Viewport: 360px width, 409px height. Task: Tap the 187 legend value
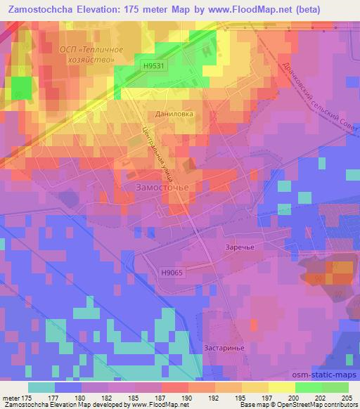150,398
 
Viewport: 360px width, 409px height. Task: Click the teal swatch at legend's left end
41,387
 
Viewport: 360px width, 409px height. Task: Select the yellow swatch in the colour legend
282,387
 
